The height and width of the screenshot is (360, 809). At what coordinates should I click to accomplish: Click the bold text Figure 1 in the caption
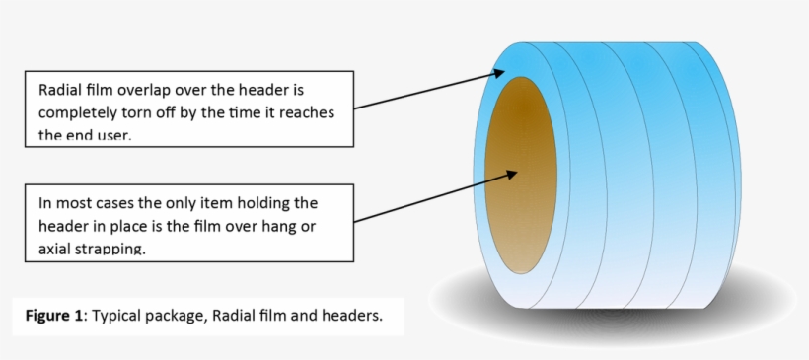56,317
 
